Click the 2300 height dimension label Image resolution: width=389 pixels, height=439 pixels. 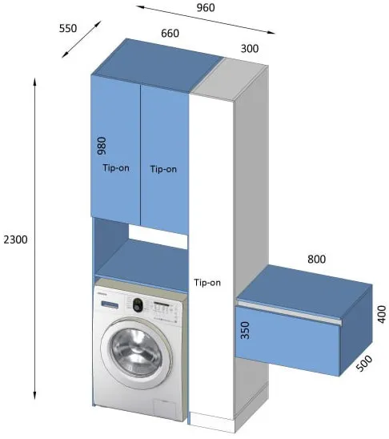(x=16, y=240)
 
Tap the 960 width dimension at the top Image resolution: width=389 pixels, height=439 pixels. (x=206, y=7)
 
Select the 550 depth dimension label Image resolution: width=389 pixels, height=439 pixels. (x=68, y=28)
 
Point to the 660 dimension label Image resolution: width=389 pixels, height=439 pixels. (x=170, y=34)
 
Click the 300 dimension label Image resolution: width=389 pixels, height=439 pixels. (x=250, y=48)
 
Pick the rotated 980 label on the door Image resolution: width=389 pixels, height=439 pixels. (x=102, y=146)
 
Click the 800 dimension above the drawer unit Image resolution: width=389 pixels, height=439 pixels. (x=316, y=259)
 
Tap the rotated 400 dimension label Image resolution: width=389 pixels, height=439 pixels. (x=382, y=314)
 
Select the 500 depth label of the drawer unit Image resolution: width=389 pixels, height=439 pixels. (x=365, y=363)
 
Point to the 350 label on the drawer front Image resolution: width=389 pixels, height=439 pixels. (x=245, y=330)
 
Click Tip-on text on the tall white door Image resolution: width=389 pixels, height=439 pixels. (x=207, y=283)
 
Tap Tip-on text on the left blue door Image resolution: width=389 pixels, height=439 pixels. (x=116, y=167)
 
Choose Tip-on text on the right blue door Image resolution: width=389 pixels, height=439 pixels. (x=163, y=169)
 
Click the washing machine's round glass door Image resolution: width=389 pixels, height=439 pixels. (x=137, y=353)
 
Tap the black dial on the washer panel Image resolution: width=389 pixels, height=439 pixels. (x=138, y=305)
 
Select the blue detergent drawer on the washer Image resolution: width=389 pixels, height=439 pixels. (x=110, y=304)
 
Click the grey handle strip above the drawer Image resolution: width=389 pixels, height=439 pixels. (x=290, y=312)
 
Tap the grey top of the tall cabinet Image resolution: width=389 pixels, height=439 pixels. (x=230, y=79)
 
